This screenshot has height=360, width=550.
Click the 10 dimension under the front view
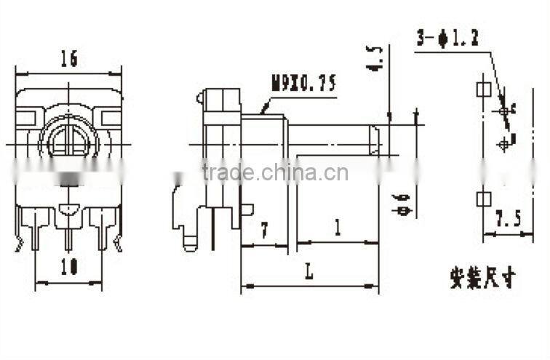(69, 267)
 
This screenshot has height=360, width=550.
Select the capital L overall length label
(309, 273)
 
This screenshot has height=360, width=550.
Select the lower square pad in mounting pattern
(482, 198)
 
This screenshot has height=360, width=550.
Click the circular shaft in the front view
(68, 138)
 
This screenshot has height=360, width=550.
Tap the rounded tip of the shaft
(375, 140)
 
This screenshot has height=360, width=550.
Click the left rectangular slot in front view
(28, 116)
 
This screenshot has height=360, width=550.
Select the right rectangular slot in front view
(111, 116)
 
